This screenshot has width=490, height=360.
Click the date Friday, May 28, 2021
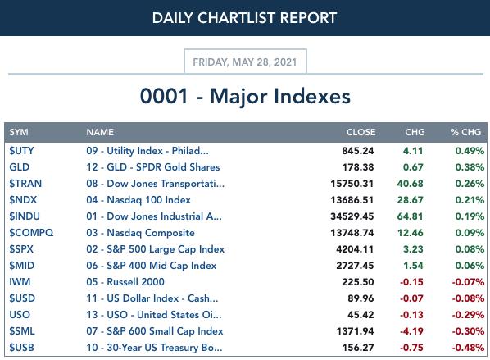pyautogui.click(x=245, y=62)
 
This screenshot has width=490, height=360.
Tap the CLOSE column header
pyautogui.click(x=361, y=132)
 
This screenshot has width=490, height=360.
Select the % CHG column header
pyautogui.click(x=465, y=132)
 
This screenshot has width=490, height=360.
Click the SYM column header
pyautogui.click(x=19, y=132)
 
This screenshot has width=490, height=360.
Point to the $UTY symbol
pyautogui.click(x=21, y=151)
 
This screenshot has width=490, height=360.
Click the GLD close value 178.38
pyautogui.click(x=358, y=167)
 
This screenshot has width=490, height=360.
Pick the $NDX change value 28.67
pyautogui.click(x=410, y=200)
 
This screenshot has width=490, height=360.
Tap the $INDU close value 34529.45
pyautogui.click(x=352, y=216)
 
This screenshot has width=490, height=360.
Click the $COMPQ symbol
pyautogui.click(x=31, y=233)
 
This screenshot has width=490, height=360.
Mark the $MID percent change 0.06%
pyautogui.click(x=470, y=266)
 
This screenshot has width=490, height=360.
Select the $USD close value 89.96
pyautogui.click(x=361, y=298)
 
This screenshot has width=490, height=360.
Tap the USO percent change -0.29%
pyautogui.click(x=468, y=315)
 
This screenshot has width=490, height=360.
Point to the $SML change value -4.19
pyautogui.click(x=411, y=331)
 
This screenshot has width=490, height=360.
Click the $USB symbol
pyautogui.click(x=21, y=348)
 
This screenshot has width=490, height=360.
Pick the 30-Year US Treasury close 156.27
pyautogui.click(x=358, y=348)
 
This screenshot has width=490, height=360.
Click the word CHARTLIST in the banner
pyautogui.click(x=237, y=18)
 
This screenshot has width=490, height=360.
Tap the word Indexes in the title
pyautogui.click(x=312, y=96)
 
